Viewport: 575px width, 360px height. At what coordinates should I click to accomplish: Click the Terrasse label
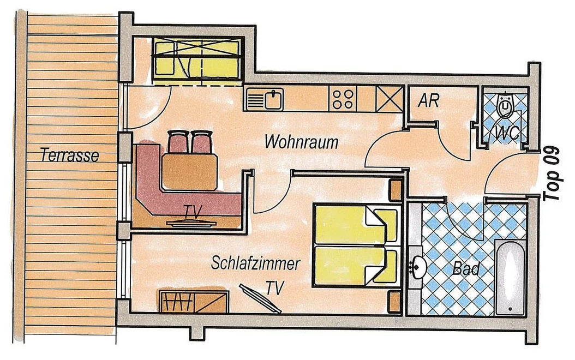coord(70,155)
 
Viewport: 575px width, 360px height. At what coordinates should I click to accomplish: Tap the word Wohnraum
coord(302,142)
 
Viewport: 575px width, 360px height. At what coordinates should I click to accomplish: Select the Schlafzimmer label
coord(256,263)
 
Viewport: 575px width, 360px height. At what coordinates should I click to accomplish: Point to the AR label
coord(428,100)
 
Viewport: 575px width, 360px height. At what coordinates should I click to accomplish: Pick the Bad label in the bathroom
coord(466,269)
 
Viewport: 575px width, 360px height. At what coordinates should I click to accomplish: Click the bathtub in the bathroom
coord(510,277)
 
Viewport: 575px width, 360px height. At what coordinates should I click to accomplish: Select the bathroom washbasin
coord(418,266)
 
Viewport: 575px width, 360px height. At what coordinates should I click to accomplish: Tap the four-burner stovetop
coord(343,99)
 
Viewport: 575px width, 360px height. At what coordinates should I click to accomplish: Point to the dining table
coord(190,172)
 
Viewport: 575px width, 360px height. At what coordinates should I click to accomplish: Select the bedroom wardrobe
coord(194,301)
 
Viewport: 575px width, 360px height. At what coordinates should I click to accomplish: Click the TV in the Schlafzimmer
coord(260,298)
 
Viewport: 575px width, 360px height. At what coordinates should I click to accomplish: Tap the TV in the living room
coord(191,223)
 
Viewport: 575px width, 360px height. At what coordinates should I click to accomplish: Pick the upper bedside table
coord(395,189)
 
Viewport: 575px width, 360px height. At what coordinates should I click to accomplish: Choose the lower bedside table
coord(395,301)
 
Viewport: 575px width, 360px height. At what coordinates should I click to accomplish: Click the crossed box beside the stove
coord(390,99)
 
